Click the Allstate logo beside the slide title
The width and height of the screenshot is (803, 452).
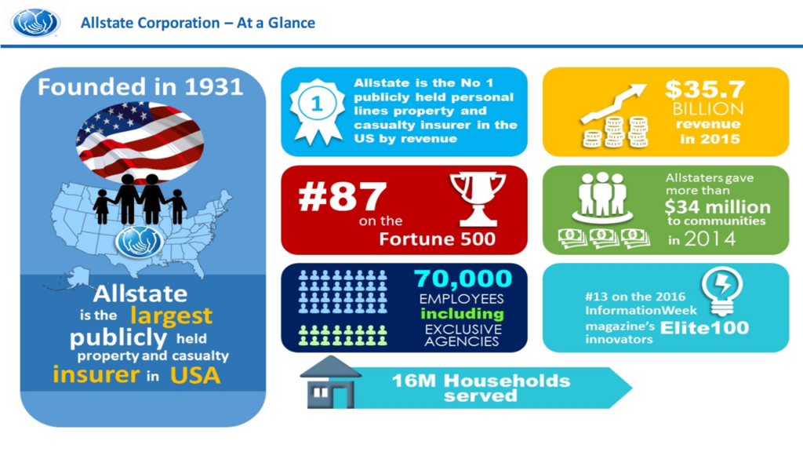36,23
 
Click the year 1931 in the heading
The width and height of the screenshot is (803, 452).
213,86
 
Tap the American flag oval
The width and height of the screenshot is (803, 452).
140,142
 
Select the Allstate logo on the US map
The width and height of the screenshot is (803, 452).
140,242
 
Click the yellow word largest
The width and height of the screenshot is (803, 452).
171,316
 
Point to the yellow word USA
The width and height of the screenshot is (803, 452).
194,376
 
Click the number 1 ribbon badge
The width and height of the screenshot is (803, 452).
317,111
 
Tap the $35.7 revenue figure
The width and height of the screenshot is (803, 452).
705,89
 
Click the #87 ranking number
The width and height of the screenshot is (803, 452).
342,197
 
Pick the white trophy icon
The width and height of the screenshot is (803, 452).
478,199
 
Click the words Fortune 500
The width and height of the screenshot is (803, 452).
438,239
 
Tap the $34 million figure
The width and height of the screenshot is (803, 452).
718,206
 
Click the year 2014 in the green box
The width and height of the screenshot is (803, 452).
710,239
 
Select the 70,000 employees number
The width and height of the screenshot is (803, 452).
463,279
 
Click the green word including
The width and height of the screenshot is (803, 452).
462,314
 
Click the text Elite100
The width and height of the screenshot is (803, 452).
705,327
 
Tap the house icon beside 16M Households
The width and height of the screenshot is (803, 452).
331,382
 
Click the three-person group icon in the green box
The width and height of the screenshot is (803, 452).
602,198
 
